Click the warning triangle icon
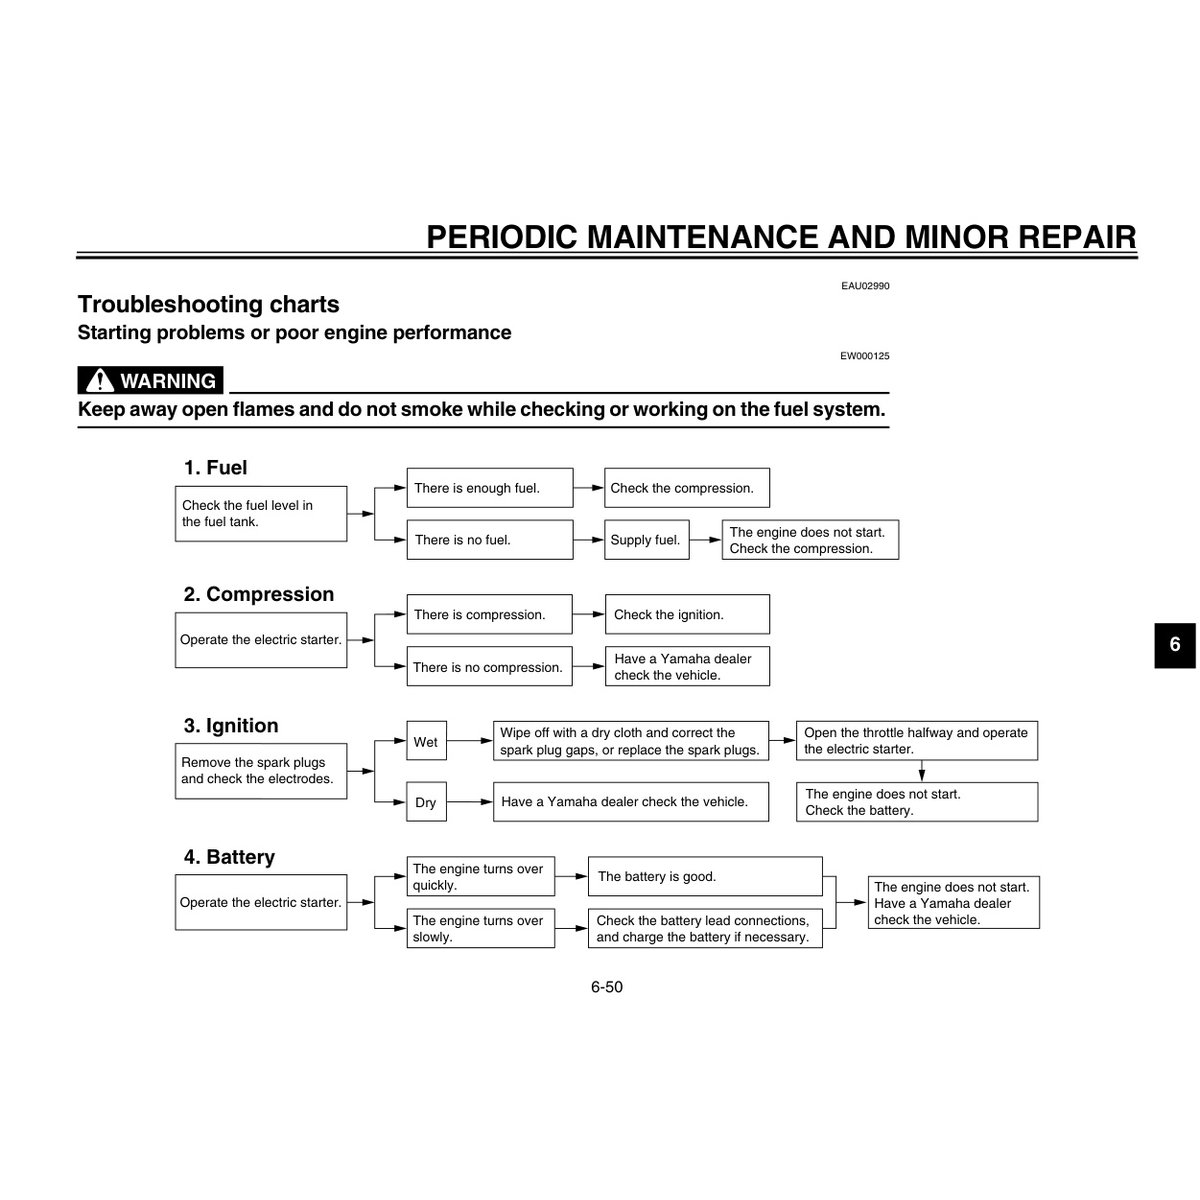(x=100, y=381)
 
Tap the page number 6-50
(x=606, y=987)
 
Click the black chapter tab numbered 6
(x=1175, y=645)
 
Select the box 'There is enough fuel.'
(x=490, y=488)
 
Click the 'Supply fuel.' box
(x=645, y=540)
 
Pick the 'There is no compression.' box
(x=489, y=667)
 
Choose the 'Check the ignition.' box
(x=687, y=615)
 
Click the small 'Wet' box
(x=426, y=742)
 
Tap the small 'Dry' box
(x=426, y=802)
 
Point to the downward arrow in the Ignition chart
(x=921, y=771)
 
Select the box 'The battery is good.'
(x=705, y=877)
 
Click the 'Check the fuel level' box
(x=261, y=514)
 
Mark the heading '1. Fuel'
(x=215, y=468)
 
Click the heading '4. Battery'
(x=229, y=857)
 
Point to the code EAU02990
(x=865, y=286)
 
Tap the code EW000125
(x=865, y=355)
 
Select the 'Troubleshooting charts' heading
(x=209, y=304)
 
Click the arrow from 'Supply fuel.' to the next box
(x=706, y=540)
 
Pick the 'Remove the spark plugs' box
(x=261, y=771)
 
